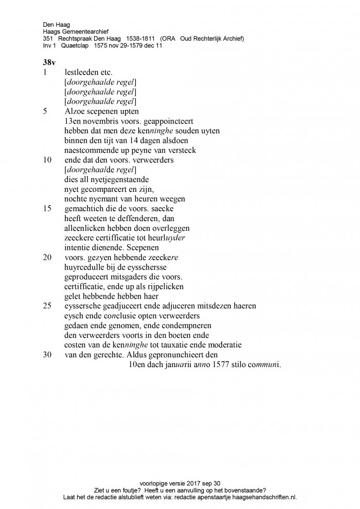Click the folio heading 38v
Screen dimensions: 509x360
49,62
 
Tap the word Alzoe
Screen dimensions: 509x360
75,111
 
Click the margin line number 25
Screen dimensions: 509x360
47,306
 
